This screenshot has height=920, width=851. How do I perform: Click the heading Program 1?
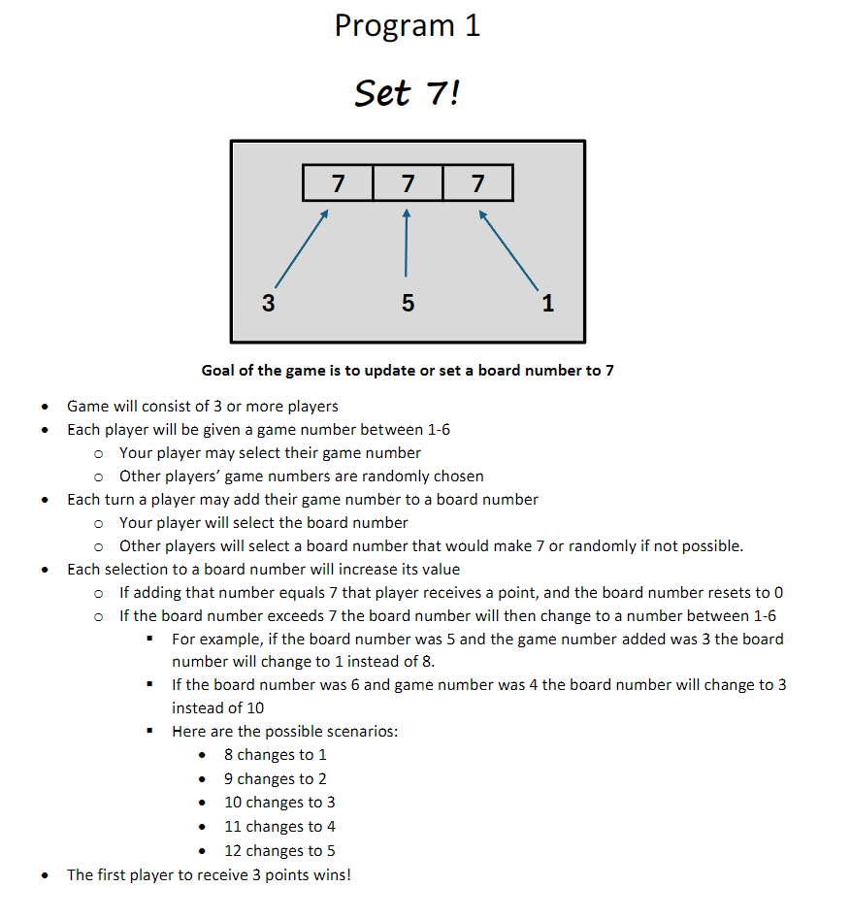coord(407,26)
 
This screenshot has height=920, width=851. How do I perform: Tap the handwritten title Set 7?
coord(407,94)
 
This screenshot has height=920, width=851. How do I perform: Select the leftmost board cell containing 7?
coord(338,182)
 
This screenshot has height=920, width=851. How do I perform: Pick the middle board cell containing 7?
coord(408,182)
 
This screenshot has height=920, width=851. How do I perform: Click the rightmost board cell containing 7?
coord(477,182)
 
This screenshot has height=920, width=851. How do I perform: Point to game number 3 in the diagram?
coord(269,304)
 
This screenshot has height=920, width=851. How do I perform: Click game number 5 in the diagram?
coord(408,304)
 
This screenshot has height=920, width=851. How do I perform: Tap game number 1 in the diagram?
coord(547,304)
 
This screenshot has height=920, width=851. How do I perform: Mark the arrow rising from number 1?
coord(508,250)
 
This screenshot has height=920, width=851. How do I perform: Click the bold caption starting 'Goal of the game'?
coord(408,370)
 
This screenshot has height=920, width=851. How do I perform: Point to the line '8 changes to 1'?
coord(276,755)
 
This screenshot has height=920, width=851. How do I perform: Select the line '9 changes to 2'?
coord(276,779)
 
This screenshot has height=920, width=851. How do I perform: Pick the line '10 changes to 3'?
coord(279,803)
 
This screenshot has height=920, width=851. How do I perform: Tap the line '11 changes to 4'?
coord(279,827)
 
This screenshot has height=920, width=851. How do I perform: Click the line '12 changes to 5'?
coord(279,851)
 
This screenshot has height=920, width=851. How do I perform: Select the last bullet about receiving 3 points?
coord(209,875)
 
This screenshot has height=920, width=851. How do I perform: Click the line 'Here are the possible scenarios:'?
coord(284,732)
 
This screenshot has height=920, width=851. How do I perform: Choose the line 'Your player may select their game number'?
coord(270,452)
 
